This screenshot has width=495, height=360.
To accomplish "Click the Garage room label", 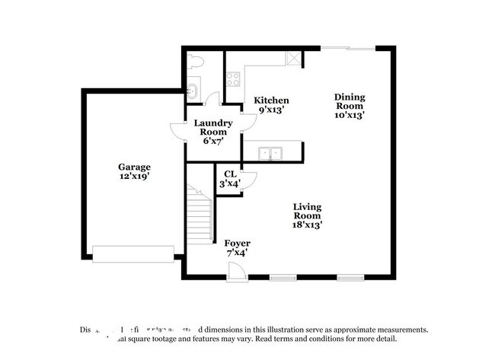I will [133, 167].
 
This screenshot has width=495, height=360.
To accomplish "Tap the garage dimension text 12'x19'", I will [133, 177].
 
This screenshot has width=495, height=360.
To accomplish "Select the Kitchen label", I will [271, 100].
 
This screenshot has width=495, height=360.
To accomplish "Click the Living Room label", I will [308, 215].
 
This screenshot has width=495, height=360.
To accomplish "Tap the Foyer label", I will [237, 244].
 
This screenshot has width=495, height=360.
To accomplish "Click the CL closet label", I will [229, 174].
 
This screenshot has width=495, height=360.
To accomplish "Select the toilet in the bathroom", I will [194, 63].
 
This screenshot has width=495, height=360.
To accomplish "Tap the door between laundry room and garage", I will [177, 133].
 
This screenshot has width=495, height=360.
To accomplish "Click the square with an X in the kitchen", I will [292, 59].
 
